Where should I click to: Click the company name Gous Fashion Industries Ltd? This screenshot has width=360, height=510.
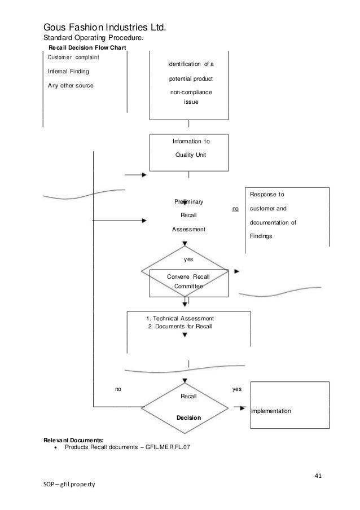105,27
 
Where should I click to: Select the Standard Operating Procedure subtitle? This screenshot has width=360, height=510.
94,38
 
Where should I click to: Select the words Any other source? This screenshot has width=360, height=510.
71,85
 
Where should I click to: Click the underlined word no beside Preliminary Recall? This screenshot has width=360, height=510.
236,209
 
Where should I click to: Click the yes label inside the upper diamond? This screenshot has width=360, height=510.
188,260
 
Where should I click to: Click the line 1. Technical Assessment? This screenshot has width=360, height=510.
180,319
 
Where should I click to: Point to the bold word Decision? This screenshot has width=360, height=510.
188,418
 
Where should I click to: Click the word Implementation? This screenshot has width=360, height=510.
271,411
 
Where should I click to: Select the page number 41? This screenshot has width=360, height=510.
318,476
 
